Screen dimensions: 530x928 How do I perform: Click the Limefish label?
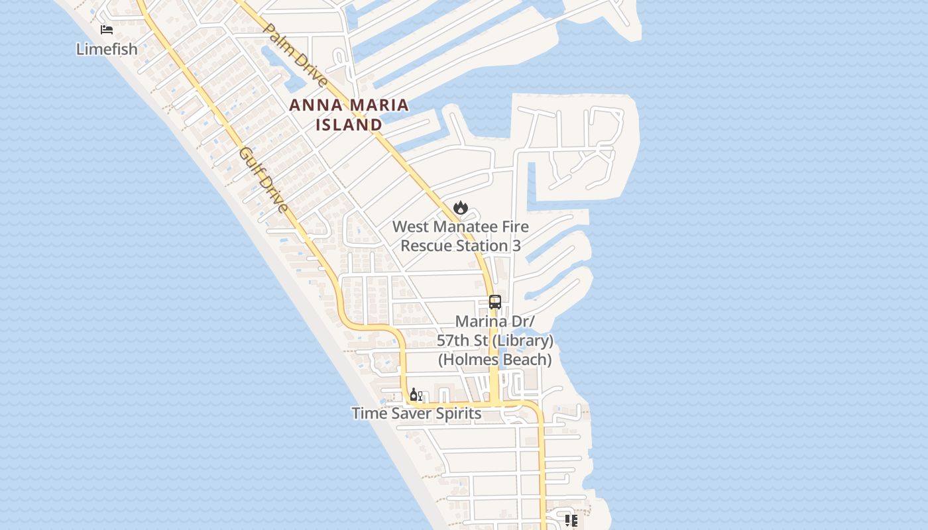107,49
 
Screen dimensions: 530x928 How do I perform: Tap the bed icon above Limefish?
107,30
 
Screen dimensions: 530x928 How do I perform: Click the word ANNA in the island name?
315,105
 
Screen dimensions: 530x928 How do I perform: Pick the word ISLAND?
349,125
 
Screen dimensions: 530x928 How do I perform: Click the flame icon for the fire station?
461,208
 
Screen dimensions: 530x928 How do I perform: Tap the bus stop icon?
495,302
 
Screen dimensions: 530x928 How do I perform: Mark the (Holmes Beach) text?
494,360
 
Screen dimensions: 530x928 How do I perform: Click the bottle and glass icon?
416,395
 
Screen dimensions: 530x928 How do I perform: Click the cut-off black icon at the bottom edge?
571,521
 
